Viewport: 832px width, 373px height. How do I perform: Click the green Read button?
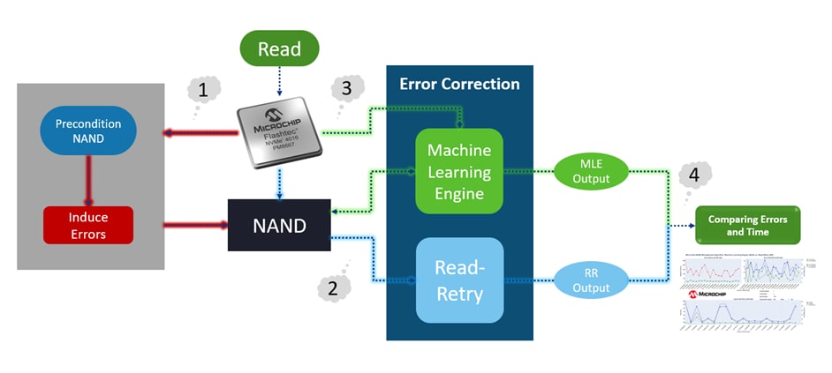[279, 49]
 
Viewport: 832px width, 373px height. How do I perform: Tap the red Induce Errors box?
[87, 225]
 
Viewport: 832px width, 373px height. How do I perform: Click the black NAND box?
[279, 225]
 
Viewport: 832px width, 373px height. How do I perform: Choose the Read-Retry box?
[458, 279]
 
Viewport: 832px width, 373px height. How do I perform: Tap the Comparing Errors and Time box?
[747, 225]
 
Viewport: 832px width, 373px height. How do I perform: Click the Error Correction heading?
[459, 85]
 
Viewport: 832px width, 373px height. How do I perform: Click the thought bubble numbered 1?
[203, 91]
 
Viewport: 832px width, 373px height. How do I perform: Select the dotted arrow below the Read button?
[279, 81]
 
